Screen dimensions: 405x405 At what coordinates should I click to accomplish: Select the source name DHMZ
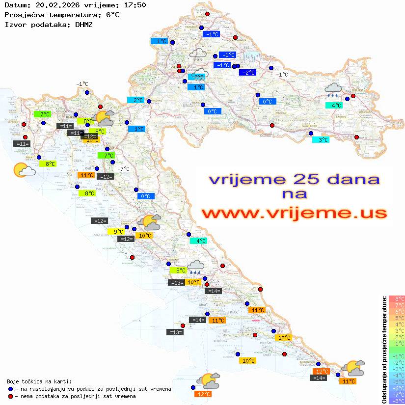84,24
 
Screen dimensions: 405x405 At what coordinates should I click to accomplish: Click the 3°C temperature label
322,140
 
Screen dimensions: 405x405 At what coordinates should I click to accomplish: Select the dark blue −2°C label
247,73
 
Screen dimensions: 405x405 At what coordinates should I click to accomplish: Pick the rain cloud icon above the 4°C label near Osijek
334,89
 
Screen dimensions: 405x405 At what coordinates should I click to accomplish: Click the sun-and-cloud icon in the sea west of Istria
24,170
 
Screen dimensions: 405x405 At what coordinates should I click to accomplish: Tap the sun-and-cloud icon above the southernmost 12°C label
208,380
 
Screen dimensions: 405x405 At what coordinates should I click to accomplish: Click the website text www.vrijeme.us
294,213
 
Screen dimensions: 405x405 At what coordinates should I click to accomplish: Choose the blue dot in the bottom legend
11,389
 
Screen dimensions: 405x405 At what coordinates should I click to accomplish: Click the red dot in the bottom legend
11,396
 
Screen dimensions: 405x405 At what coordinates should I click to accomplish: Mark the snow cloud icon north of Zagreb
198,54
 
